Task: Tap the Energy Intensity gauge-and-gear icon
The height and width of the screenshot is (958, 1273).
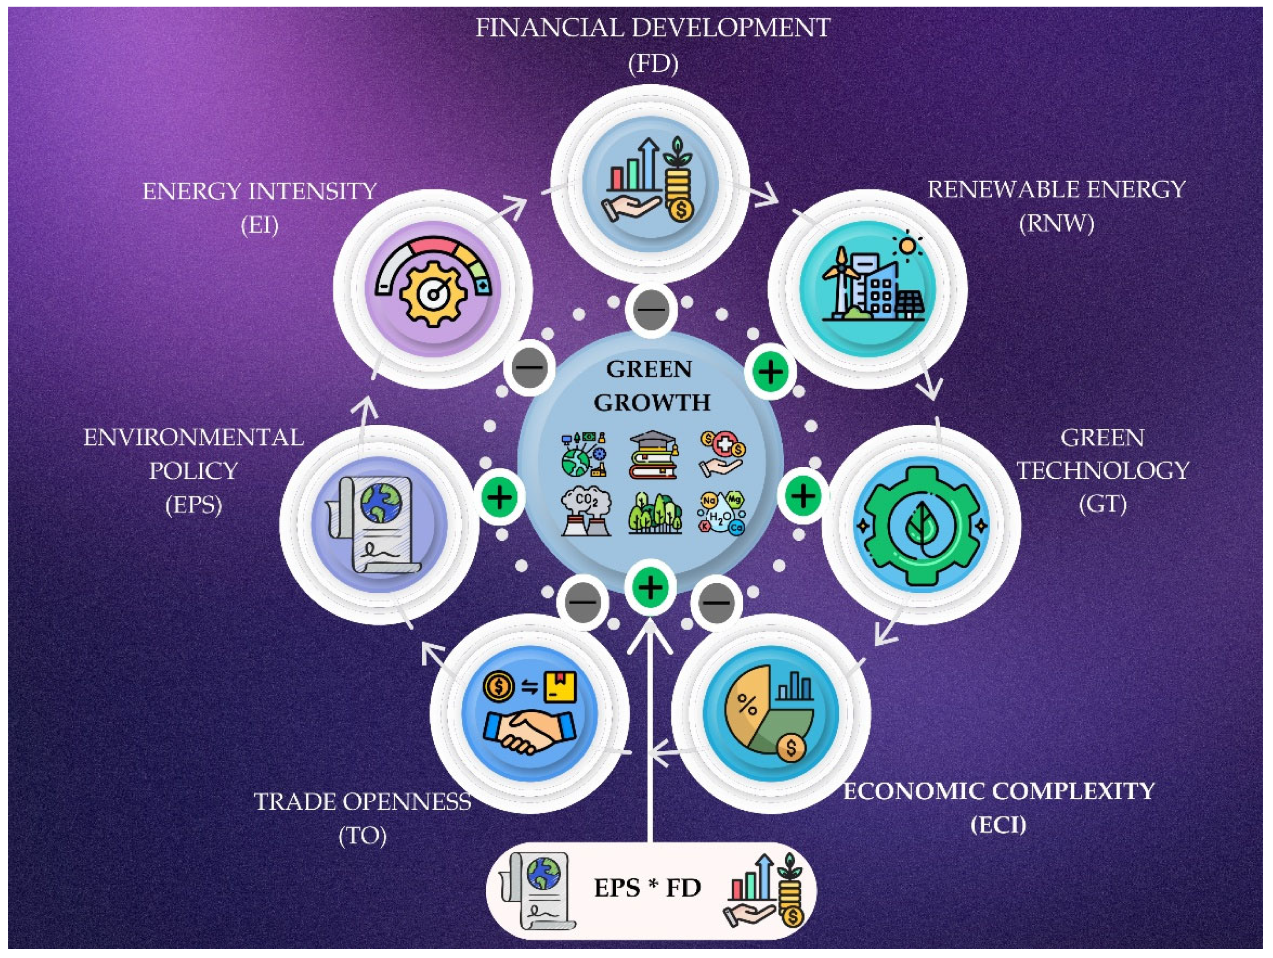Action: pos(433,290)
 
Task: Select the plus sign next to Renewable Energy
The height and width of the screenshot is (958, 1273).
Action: pos(770,371)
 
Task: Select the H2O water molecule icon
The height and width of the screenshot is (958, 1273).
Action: pos(721,513)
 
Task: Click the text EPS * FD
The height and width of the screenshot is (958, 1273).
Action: pos(648,888)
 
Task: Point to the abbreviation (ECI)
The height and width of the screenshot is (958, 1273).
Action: pos(998,825)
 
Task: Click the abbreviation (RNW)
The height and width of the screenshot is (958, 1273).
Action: pos(1056,223)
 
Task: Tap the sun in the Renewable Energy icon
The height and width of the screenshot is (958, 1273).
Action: pos(907,246)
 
